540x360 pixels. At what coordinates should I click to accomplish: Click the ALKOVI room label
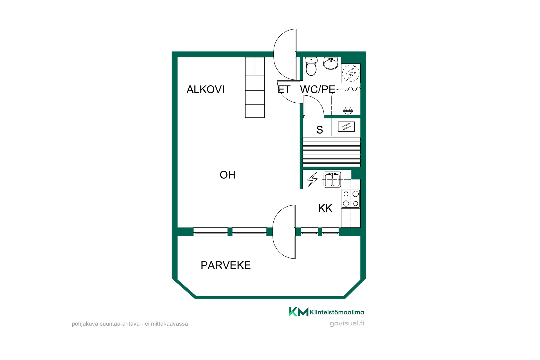click(x=206, y=89)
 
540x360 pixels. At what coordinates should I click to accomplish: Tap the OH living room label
click(x=228, y=175)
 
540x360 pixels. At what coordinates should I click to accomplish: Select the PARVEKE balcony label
click(x=226, y=265)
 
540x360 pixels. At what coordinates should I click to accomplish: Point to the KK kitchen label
click(x=325, y=208)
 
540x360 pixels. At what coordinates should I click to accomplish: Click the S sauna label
click(x=319, y=130)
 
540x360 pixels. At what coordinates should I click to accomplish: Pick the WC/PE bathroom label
click(x=318, y=89)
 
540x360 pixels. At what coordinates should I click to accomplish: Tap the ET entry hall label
click(x=284, y=89)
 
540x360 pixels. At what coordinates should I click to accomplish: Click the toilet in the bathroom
click(x=311, y=66)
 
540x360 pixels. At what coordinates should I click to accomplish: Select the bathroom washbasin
click(x=331, y=63)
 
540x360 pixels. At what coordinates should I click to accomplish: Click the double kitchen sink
click(x=332, y=179)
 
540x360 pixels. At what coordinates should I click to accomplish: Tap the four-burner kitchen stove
click(x=351, y=199)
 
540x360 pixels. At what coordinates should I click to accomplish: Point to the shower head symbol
click(x=348, y=111)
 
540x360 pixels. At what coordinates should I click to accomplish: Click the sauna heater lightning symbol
click(x=346, y=127)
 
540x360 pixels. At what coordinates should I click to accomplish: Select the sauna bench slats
click(x=332, y=152)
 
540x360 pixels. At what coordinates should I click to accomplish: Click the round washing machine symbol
click(x=351, y=73)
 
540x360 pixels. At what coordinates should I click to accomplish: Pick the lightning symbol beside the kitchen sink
click(x=312, y=179)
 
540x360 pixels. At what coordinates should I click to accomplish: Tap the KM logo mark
click(x=299, y=312)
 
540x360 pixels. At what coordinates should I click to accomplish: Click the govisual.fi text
click(x=347, y=323)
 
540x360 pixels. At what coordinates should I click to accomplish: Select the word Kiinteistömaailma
click(x=337, y=312)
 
